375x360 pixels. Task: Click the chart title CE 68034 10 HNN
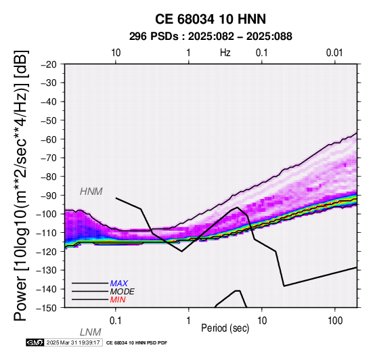coord(211,19)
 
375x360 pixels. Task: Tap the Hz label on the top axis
coord(225,53)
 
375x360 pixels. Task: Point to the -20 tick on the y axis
coord(49,64)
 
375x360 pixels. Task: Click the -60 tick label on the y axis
coord(49,139)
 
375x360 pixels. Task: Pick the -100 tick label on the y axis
coord(47,214)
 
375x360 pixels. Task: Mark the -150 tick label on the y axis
coord(47,308)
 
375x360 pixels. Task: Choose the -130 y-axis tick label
coord(47,270)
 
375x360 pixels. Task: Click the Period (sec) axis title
coord(225,328)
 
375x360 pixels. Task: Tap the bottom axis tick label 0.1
coord(116,321)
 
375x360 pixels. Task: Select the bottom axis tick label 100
coord(335,321)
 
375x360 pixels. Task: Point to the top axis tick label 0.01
coord(334,53)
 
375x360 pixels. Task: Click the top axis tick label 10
coord(116,53)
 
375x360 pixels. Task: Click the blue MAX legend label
coord(119,284)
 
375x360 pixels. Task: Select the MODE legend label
coord(123,292)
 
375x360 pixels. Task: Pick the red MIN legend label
coord(118,300)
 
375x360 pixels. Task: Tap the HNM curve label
coord(91,192)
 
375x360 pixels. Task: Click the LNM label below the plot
coord(91,332)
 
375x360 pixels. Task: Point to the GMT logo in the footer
coord(35,342)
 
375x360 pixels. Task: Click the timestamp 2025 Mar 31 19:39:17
coord(73,342)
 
